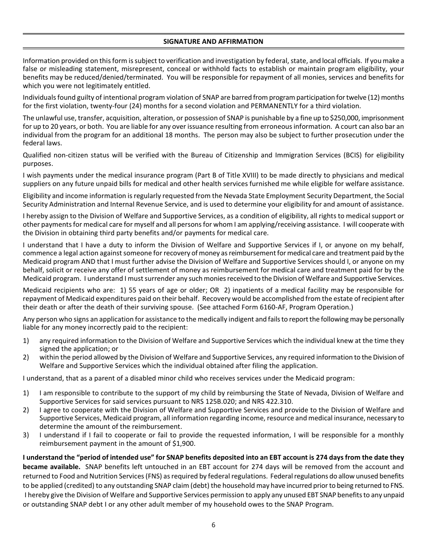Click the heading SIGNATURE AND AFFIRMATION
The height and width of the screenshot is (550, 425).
(x=213, y=41)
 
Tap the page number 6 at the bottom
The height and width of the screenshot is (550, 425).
(x=213, y=525)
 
